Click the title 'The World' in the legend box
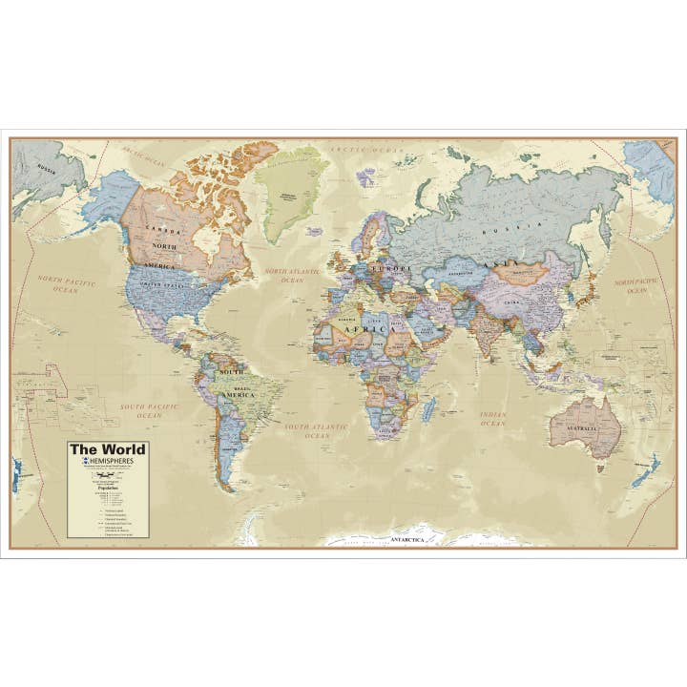(107, 449)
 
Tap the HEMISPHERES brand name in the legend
(111, 462)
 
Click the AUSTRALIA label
(584, 429)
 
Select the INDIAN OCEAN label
(492, 418)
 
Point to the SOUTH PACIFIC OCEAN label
(148, 411)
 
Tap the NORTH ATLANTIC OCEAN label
(284, 276)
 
